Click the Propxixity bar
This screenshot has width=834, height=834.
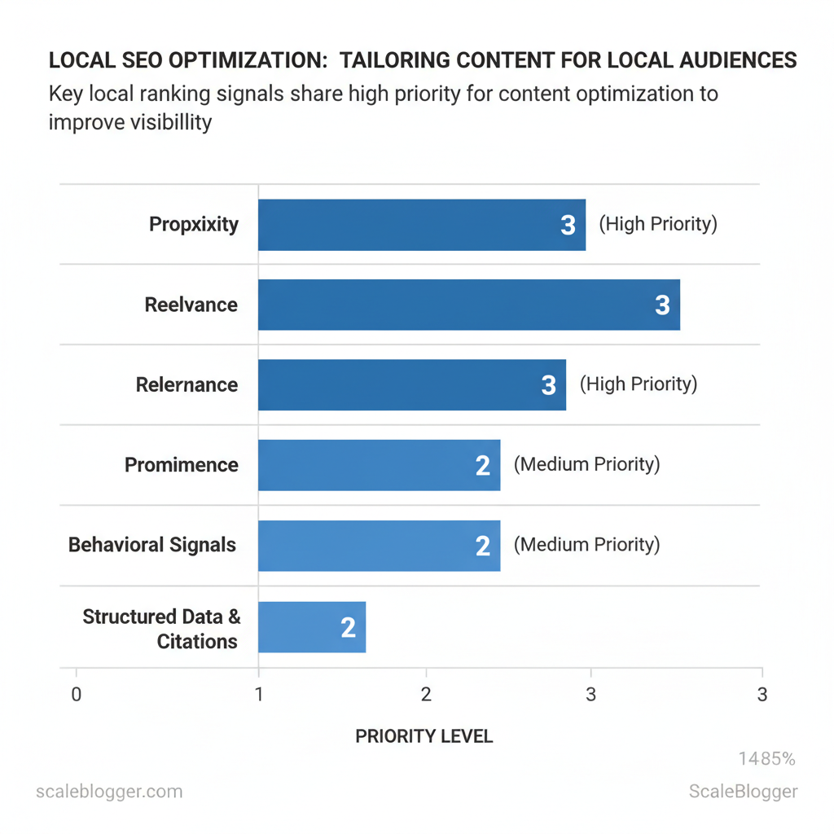421,225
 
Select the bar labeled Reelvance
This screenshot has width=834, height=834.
468,305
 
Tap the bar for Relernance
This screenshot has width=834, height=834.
411,384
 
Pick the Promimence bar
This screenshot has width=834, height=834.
379,465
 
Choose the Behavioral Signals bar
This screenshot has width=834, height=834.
379,545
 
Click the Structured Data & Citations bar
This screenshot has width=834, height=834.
312,627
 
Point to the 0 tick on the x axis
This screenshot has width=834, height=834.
77,695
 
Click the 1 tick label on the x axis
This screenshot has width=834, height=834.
259,695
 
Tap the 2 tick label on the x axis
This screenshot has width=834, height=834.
425,695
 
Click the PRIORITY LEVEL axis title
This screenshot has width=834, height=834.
424,736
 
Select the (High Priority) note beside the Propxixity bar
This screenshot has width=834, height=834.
658,224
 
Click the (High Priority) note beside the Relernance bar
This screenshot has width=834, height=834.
639,384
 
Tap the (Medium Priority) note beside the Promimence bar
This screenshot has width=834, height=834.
586,464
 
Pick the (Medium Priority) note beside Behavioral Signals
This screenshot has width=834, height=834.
586,544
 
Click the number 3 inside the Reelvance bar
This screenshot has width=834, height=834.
662,305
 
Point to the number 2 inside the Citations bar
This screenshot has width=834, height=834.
348,628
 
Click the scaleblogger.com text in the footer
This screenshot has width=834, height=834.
110,792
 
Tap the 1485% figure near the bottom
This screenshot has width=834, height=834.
766,759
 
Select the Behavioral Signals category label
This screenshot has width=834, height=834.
152,545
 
